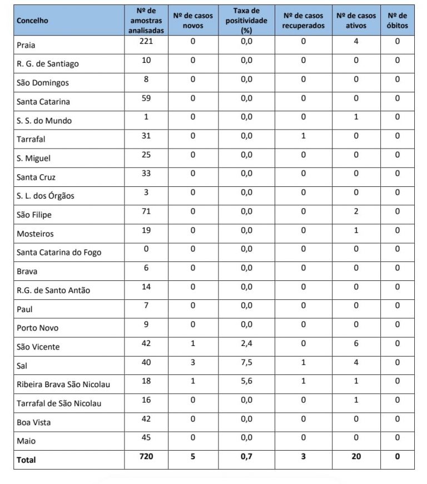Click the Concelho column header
coord(32,21)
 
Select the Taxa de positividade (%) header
coord(246,21)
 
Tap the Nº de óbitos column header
coord(397,21)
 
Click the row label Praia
coord(26,45)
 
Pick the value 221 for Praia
coord(146,41)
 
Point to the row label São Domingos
coord(43,83)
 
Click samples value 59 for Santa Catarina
coord(146,98)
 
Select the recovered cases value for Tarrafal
coord(303,136)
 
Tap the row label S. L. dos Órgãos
coord(45,196)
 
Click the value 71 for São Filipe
coord(146,211)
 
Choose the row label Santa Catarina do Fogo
coord(59,253)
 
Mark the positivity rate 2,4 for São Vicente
coord(246,343)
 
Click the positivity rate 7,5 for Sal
coord(246,362)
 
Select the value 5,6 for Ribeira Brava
coord(246,381)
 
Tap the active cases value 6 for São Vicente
coord(356,343)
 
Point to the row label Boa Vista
coord(33,422)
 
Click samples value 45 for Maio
coord(146,437)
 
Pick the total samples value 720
coord(146,457)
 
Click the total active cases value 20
coord(356,457)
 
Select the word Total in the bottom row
coord(26,460)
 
